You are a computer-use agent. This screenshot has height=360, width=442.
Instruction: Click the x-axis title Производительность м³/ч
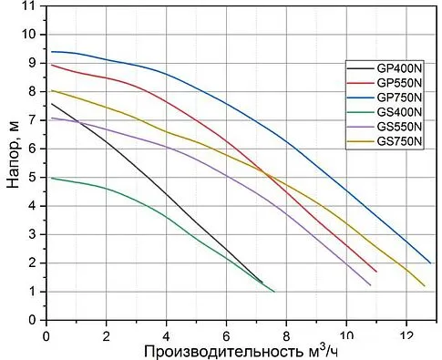tap(242, 350)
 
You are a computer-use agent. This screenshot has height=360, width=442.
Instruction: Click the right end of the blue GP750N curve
tap(430, 262)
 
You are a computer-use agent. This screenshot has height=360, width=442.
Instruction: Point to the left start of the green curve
tap(51, 178)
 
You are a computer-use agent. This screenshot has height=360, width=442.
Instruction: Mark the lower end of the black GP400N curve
tap(262, 283)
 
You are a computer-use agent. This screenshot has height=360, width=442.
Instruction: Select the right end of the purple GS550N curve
tap(371, 285)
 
